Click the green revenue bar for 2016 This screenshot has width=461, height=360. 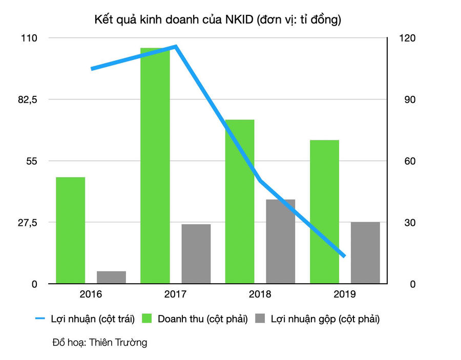coord(70,230)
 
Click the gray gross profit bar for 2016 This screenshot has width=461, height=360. coord(111,277)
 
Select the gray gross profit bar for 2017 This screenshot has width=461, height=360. coord(196,254)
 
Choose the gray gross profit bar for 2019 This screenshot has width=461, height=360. coord(365,253)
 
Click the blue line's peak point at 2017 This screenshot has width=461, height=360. coord(176,47)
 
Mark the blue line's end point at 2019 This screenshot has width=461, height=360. coord(344,256)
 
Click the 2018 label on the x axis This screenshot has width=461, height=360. coord(260,294)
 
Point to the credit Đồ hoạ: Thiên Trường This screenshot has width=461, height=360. coord(99,343)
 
